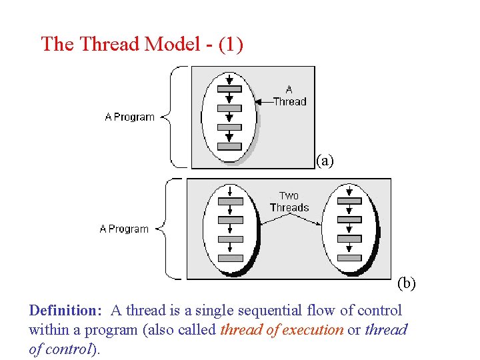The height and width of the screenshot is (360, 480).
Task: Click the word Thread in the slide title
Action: pyautogui.click(x=109, y=44)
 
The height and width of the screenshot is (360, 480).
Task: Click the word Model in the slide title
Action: pyautogui.click(x=173, y=44)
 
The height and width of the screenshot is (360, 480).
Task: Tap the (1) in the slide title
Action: pyautogui.click(x=230, y=44)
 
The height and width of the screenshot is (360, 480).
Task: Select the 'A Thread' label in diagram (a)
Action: pyautogui.click(x=289, y=95)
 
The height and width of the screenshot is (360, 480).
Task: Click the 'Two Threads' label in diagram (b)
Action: pyautogui.click(x=289, y=201)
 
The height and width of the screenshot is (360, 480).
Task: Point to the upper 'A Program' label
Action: pyautogui.click(x=129, y=117)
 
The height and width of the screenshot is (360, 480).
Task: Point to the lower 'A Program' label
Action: pyautogui.click(x=124, y=229)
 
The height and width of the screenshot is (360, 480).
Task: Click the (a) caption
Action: pyautogui.click(x=325, y=160)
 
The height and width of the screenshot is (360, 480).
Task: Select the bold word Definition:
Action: pyautogui.click(x=65, y=311)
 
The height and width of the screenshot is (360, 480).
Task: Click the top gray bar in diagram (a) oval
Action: pyautogui.click(x=229, y=89)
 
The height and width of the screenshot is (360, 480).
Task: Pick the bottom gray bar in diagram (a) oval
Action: pyautogui.click(x=229, y=146)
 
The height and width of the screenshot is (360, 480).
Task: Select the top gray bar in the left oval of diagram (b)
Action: pyautogui.click(x=231, y=201)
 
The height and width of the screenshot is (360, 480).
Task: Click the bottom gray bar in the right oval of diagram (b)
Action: pyautogui.click(x=349, y=258)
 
